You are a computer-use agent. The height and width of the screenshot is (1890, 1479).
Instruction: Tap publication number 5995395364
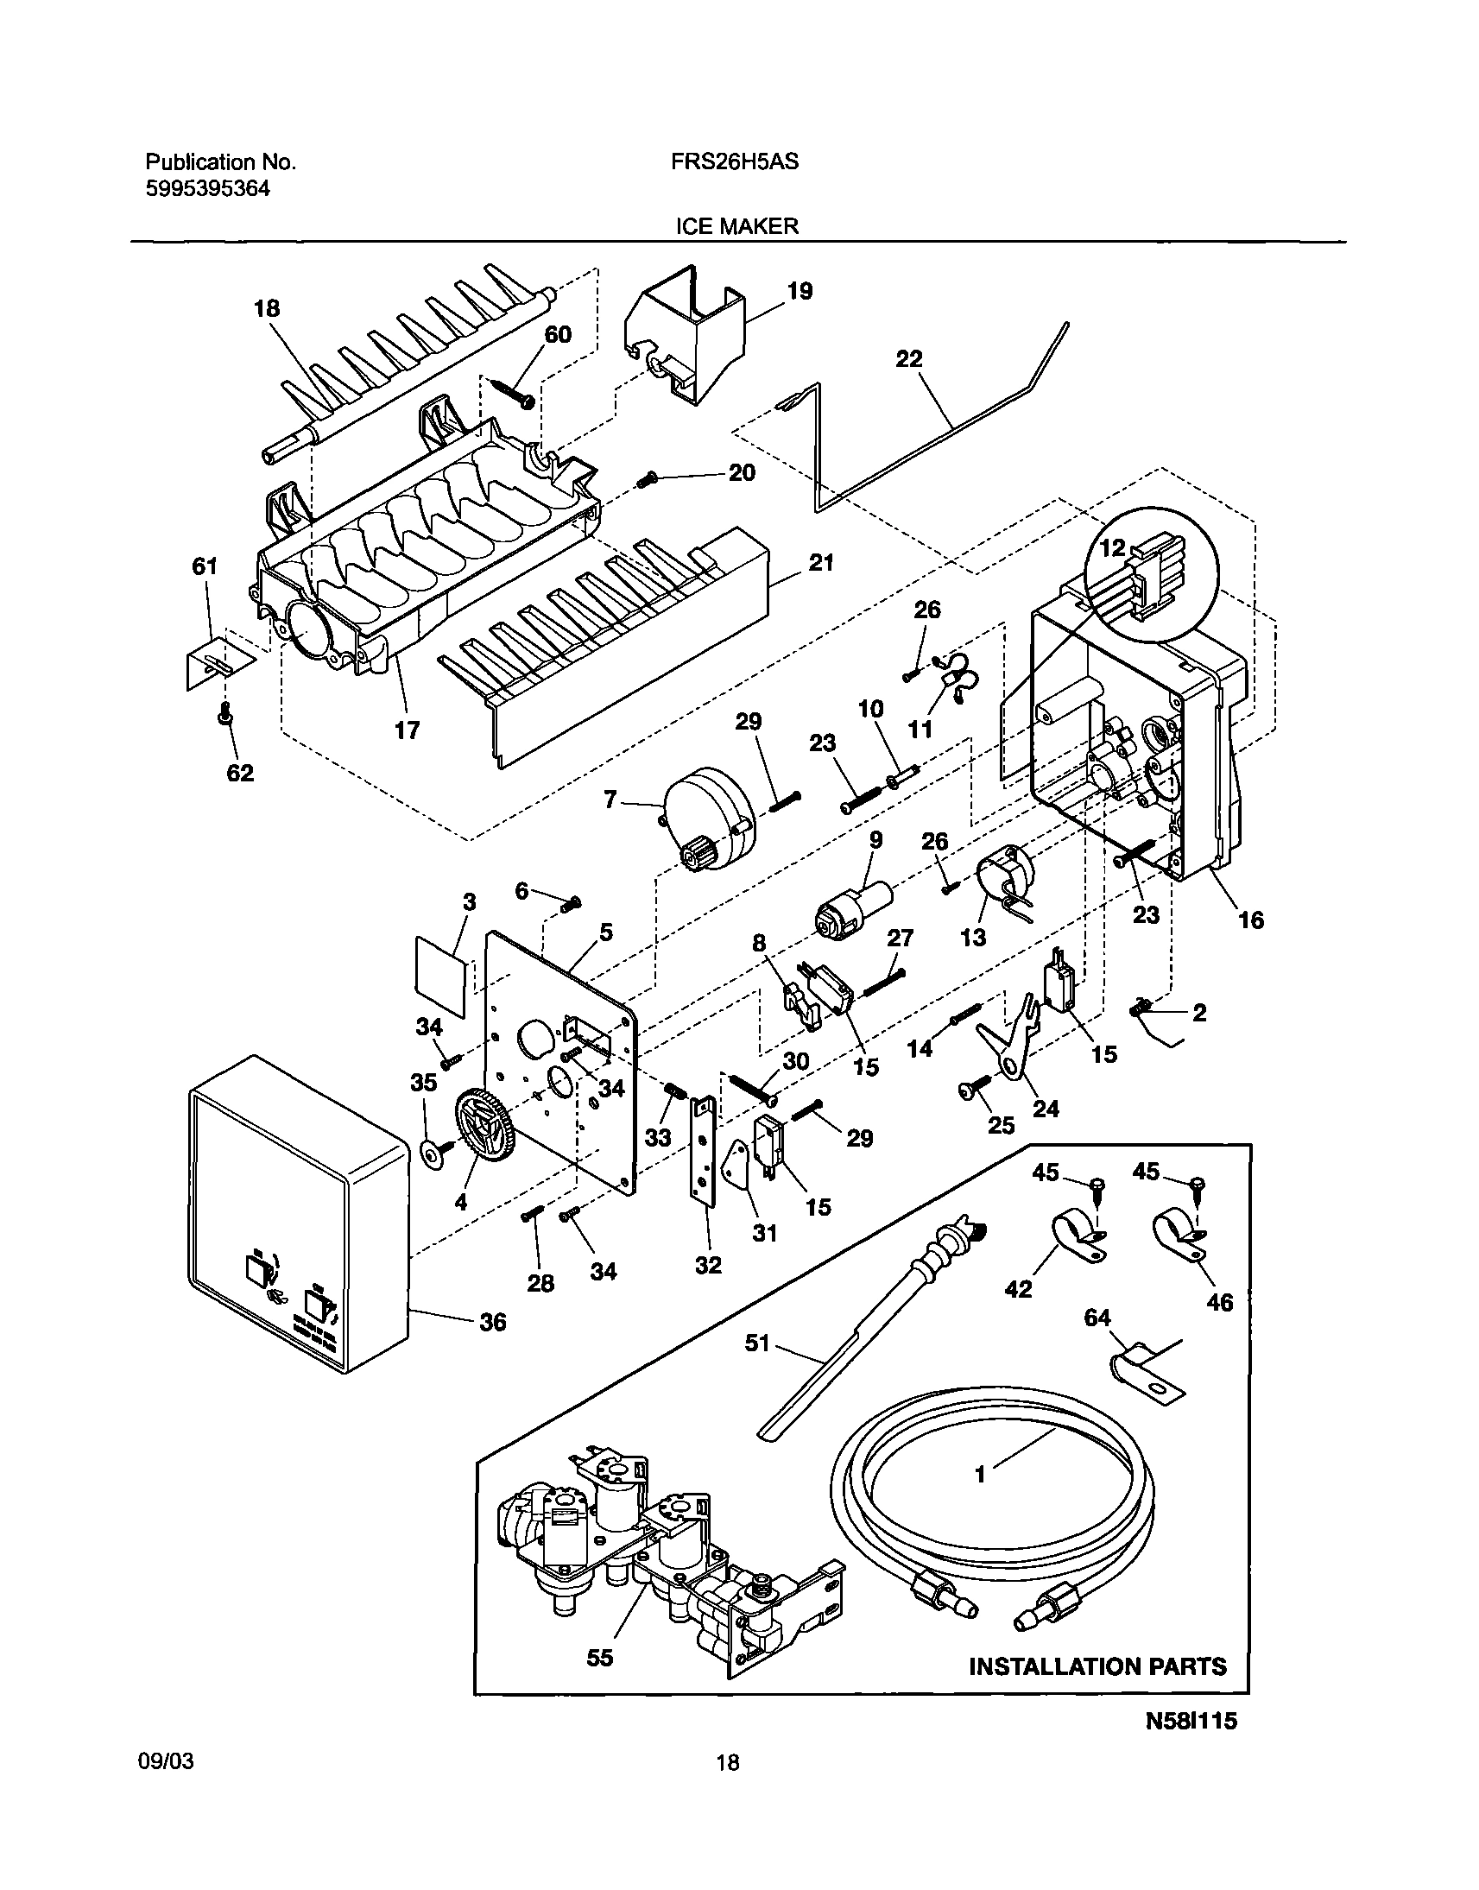pos(207,189)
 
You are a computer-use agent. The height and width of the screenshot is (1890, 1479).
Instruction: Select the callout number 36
pos(492,1321)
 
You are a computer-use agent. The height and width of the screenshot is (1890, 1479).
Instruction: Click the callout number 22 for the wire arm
pos(908,358)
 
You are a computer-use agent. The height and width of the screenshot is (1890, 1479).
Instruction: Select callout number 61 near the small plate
pos(205,566)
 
